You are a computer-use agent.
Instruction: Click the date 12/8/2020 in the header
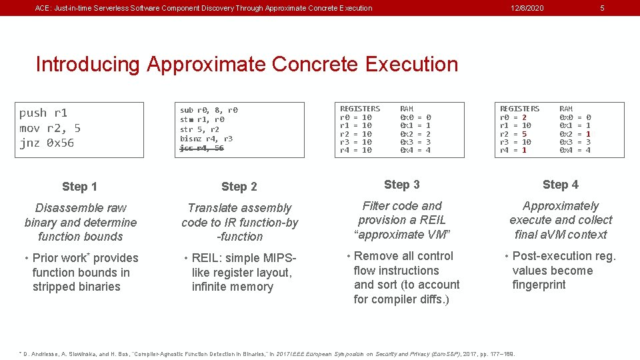(x=527, y=8)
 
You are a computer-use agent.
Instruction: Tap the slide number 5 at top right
(x=602, y=8)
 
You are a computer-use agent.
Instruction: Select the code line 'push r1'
(x=43, y=113)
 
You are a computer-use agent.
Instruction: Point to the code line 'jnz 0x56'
(x=47, y=143)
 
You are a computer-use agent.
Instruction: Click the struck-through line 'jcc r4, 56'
(x=201, y=148)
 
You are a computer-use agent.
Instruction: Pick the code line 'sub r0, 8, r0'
(x=209, y=110)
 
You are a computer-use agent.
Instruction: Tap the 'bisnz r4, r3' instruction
(x=206, y=139)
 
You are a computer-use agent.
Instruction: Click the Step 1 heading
(x=79, y=187)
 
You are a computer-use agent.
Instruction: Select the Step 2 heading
(x=239, y=187)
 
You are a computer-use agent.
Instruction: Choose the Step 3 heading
(x=401, y=185)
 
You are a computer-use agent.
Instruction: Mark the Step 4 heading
(x=560, y=185)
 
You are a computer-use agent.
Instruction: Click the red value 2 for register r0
(x=524, y=117)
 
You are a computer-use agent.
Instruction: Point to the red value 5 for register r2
(x=524, y=133)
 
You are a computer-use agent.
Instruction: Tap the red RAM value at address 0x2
(x=587, y=133)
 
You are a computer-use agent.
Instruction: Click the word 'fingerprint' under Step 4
(x=539, y=285)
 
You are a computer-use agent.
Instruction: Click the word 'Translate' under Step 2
(x=212, y=208)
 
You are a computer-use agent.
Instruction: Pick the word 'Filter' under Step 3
(x=377, y=206)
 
